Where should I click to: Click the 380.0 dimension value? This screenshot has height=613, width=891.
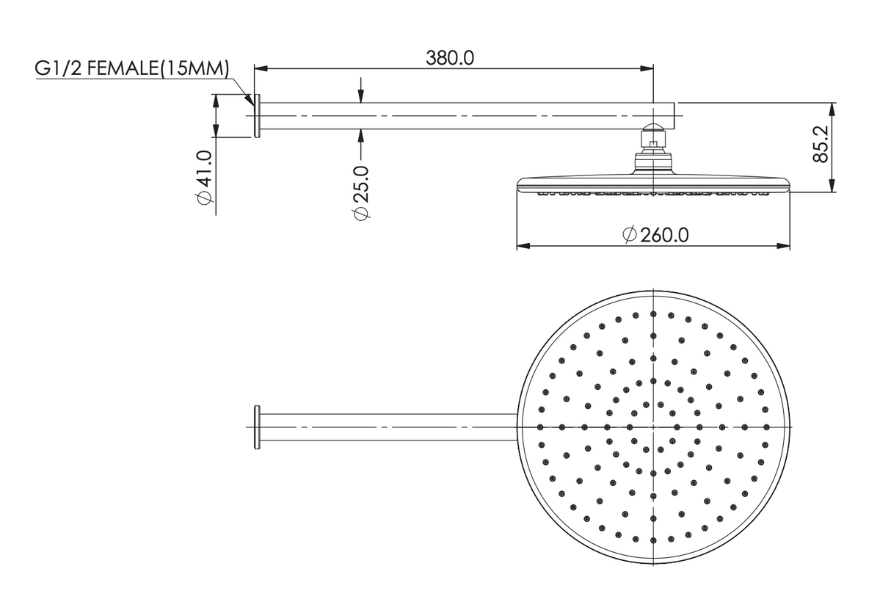[x=450, y=58]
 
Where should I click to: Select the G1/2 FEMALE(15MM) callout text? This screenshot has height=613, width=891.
[x=132, y=69]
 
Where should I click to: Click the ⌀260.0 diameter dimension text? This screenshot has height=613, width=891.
[x=655, y=235]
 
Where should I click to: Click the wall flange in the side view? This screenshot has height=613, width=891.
[x=257, y=116]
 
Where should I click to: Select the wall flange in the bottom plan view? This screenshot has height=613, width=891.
[x=257, y=427]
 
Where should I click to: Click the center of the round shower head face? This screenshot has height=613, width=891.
[x=653, y=427]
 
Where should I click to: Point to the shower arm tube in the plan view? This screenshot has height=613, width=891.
[x=389, y=427]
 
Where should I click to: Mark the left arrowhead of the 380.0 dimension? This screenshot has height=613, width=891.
[x=259, y=68]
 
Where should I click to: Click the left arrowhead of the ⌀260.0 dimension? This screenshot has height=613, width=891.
[x=522, y=246]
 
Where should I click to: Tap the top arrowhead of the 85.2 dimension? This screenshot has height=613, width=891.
[x=832, y=107]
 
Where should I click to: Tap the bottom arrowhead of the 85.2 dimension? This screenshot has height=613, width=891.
[x=832, y=188]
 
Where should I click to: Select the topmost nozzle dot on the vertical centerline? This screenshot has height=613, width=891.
[x=653, y=313]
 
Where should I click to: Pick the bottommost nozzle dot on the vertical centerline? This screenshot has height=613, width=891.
[x=653, y=540]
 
